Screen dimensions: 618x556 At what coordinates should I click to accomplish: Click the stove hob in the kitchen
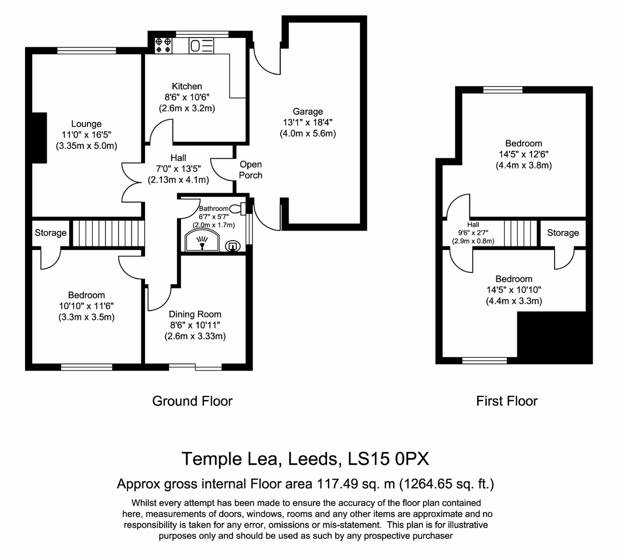(x=163, y=45)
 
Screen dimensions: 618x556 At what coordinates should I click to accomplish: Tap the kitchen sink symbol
(x=201, y=46)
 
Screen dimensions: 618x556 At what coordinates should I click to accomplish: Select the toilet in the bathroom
(x=238, y=209)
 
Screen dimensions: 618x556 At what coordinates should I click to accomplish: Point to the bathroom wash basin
(x=233, y=246)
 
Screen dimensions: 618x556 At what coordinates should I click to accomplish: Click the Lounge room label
(x=86, y=124)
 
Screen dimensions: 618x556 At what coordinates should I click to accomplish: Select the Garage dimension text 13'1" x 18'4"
(x=308, y=123)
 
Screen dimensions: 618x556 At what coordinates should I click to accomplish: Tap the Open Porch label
(x=251, y=170)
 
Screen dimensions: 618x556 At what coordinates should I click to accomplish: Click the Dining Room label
(x=195, y=314)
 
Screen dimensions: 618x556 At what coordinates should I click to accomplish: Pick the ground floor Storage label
(x=50, y=233)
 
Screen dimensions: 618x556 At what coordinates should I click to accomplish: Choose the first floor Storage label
(x=563, y=233)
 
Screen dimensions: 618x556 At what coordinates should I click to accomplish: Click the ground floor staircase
(x=108, y=233)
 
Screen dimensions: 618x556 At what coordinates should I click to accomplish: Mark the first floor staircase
(x=520, y=233)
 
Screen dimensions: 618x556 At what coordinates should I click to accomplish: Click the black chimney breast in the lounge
(x=39, y=138)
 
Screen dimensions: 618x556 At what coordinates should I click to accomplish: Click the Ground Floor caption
(x=192, y=401)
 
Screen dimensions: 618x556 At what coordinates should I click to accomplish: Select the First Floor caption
(x=507, y=401)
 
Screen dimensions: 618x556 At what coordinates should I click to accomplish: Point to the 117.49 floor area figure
(x=337, y=483)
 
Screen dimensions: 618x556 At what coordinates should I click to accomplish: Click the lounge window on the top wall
(x=87, y=50)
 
